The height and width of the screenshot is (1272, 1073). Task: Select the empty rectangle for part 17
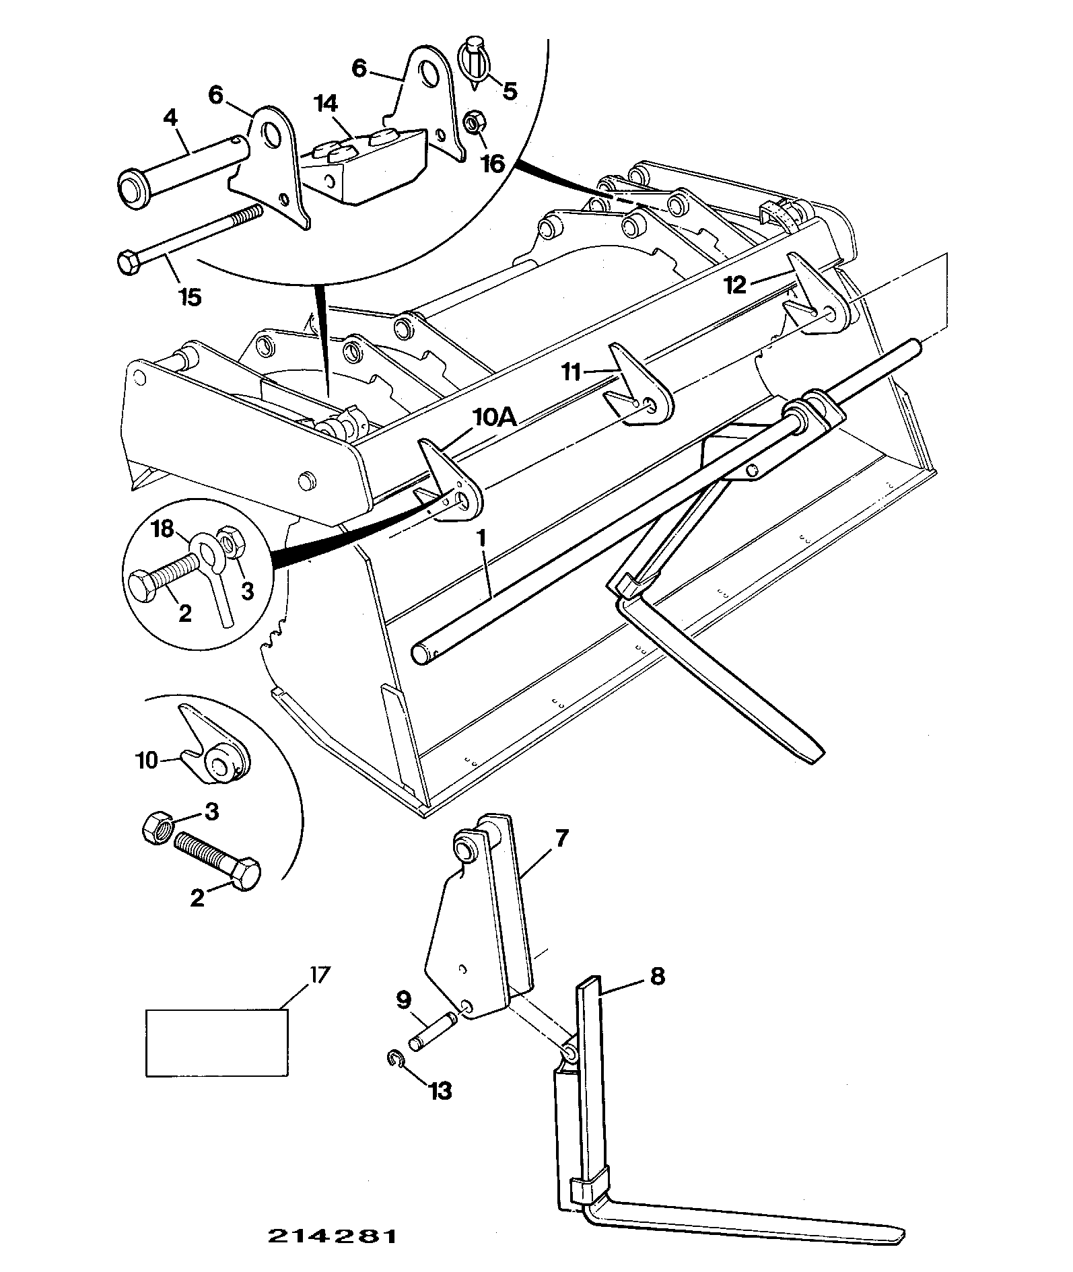[x=217, y=1043]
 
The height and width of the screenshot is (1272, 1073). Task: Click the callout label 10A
[x=495, y=417]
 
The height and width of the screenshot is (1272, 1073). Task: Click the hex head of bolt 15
[x=128, y=260]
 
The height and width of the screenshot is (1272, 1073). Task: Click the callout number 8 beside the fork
[x=657, y=976]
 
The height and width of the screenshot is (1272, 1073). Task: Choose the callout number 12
[x=735, y=286]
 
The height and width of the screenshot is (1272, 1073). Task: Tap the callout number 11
[x=571, y=372]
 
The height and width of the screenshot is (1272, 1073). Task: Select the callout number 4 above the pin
[x=170, y=118]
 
